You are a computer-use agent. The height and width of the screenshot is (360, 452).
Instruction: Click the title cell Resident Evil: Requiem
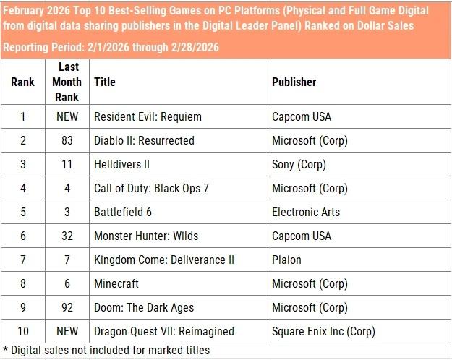coord(148,116)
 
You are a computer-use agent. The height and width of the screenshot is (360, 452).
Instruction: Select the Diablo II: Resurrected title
coord(144,140)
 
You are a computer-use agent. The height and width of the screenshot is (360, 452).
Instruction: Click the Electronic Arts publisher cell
coord(306,212)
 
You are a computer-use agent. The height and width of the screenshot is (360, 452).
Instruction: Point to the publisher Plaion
coord(286,260)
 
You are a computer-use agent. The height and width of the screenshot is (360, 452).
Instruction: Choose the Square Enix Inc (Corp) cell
coord(324,331)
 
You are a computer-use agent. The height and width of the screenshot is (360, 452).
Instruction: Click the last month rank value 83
coord(67,140)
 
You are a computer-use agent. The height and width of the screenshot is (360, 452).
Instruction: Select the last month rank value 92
coord(67,307)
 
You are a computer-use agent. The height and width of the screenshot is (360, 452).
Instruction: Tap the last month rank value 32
coord(67,236)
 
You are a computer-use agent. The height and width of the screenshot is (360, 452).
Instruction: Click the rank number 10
coord(23,331)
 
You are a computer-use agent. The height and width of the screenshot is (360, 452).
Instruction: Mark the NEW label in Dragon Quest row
coord(67,331)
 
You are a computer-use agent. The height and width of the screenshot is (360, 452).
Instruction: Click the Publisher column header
coord(294,82)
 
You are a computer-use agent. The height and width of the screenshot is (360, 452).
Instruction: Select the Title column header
coord(105,82)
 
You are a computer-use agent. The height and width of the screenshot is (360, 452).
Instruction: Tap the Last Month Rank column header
coord(67,82)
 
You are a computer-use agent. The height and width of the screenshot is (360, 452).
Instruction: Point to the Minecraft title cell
coord(116,283)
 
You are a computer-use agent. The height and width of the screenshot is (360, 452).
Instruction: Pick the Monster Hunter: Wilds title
coord(146,236)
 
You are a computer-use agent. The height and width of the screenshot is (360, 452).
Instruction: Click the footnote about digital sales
coord(106,351)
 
